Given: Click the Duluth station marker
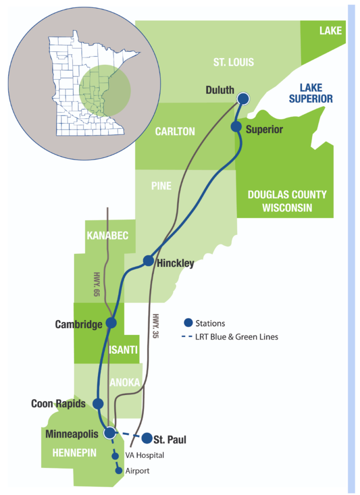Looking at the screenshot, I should coord(243,99).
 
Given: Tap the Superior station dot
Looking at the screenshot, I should coord(236,127).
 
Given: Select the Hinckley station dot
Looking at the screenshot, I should coord(148,261).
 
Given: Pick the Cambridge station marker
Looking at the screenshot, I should coord(111,323).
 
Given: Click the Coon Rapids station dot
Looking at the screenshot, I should coord(98,403).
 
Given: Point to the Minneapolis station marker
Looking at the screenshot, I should coord(110,433).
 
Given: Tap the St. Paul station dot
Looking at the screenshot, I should coord(147,438).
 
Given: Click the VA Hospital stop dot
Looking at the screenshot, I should coord(115,455).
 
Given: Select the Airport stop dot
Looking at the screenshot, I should coord(117,470).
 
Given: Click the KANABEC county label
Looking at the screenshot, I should coord(108,235).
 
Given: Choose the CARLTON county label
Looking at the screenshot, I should coord(175,131).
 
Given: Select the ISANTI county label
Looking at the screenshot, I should coord(123,349).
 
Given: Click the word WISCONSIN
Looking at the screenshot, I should coord(287,208).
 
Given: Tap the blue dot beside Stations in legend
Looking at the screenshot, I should coord(188,323).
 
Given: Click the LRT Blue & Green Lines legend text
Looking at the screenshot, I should coord(237,337).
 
